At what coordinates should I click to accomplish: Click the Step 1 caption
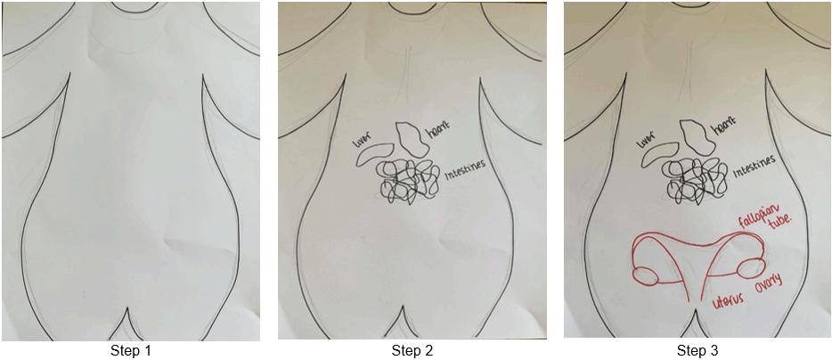(131, 350)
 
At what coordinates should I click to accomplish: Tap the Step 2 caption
(412, 350)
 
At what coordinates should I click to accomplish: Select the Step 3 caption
(697, 350)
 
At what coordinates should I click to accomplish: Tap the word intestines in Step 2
(466, 171)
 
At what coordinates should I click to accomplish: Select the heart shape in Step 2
(411, 139)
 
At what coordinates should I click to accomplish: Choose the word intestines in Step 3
(753, 167)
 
